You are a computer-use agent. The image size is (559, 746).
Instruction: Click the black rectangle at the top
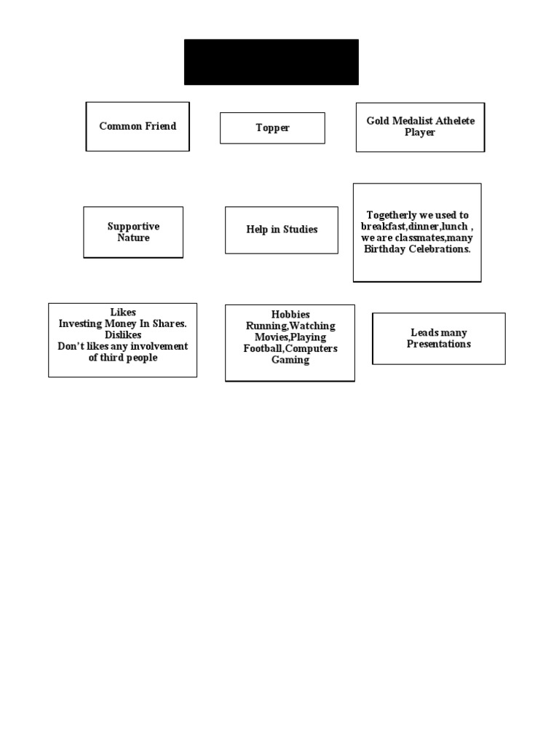coord(271,62)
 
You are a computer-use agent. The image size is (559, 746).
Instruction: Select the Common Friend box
coord(138,126)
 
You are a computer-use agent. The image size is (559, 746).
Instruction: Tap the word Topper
coord(272,128)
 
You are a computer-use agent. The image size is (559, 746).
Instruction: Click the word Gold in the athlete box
coord(378,121)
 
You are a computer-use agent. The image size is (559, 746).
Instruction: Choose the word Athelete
coord(456,121)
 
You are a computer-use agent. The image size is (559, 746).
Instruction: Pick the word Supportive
coord(133,227)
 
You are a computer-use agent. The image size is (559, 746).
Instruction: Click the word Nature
coord(133,238)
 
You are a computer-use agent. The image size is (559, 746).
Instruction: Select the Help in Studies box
coord(282,229)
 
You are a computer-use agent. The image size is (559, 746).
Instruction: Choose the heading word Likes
coord(122,313)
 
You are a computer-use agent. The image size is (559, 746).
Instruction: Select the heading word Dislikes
coord(122,335)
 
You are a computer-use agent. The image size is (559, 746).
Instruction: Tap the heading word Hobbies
coord(290,315)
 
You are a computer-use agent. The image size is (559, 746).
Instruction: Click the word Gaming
coord(290,360)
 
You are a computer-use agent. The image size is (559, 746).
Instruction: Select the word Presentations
coord(438,344)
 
